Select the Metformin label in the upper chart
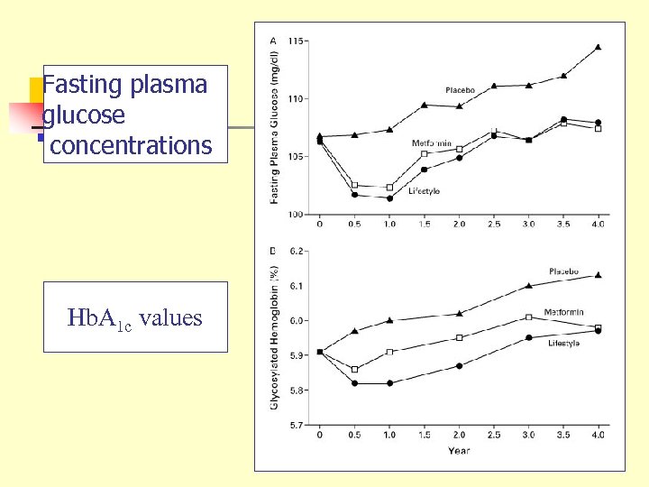[x=432, y=143]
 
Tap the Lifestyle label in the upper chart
[x=424, y=190]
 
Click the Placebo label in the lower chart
[x=564, y=271]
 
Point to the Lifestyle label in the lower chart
[x=562, y=345]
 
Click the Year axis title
[x=459, y=451]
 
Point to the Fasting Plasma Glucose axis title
[x=274, y=126]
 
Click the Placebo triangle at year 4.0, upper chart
[x=599, y=46]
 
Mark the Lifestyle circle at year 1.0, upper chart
[x=388, y=198]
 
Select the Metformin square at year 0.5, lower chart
[x=354, y=369]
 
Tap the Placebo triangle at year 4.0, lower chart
[x=598, y=275]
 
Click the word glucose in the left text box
[x=84, y=115]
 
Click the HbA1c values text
[x=135, y=317]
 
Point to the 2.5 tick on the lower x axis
[x=494, y=435]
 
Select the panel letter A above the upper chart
[x=273, y=40]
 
